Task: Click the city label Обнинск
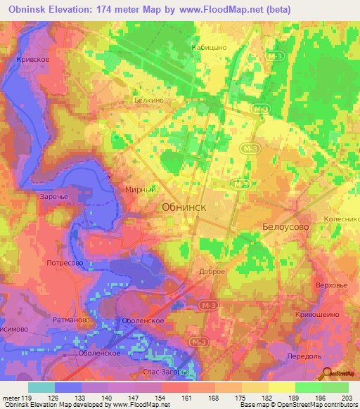click(185, 207)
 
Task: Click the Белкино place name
click(148, 100)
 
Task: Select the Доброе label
click(212, 271)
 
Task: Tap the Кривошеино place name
click(319, 316)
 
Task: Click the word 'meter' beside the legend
click(11, 398)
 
